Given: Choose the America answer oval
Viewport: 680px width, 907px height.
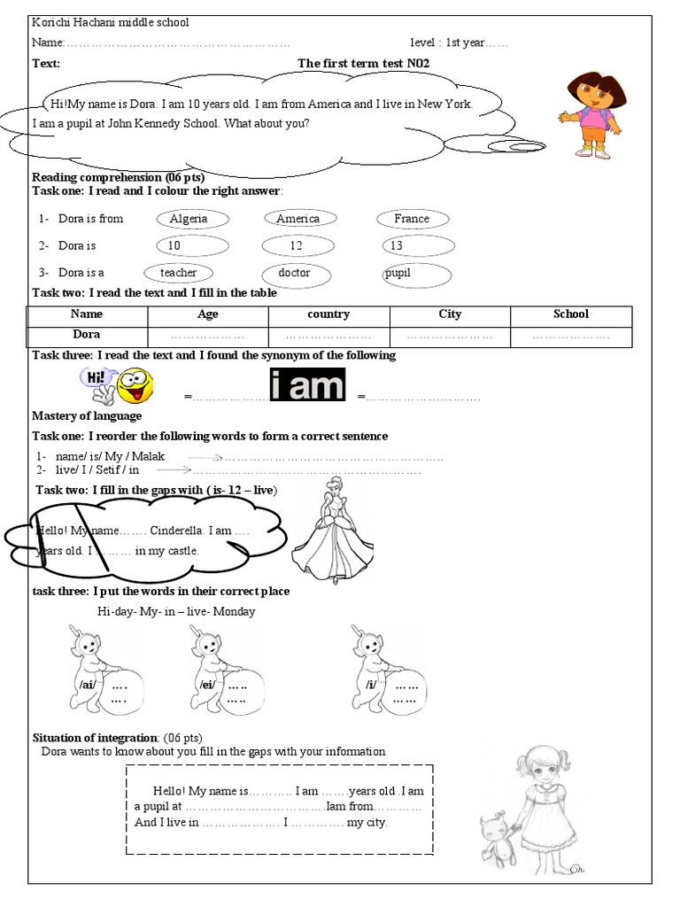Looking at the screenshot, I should click(x=298, y=219).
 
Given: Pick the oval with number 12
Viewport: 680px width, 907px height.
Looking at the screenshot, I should click(x=297, y=245).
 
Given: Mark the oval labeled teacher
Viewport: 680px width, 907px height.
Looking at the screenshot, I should click(x=180, y=273).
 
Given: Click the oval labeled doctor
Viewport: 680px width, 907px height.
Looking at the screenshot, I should click(x=296, y=273).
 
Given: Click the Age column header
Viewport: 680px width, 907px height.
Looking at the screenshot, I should click(x=208, y=314).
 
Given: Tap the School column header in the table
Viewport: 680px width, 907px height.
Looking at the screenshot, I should click(x=571, y=314).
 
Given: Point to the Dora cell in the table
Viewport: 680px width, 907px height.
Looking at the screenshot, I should click(x=86, y=335).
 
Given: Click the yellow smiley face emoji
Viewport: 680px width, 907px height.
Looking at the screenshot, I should click(x=135, y=386).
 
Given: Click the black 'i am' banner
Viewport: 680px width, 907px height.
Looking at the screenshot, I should click(x=306, y=386).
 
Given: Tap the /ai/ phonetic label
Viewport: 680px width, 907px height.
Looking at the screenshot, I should click(x=87, y=685).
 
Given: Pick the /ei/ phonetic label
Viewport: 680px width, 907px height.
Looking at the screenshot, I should click(x=207, y=685).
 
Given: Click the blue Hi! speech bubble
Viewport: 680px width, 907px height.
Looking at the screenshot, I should click(x=95, y=378).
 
